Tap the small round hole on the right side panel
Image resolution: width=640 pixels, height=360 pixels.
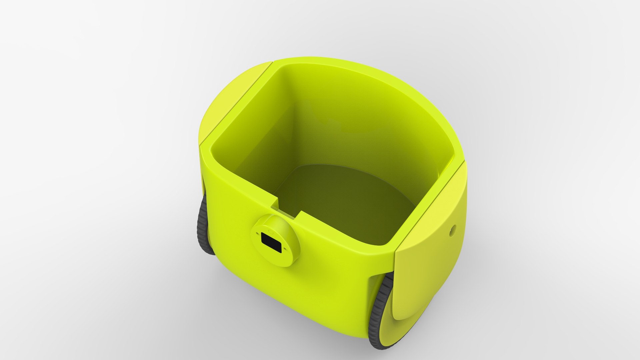pyautogui.click(x=452, y=229)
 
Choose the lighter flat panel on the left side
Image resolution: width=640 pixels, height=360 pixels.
pyautogui.click(x=230, y=100)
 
